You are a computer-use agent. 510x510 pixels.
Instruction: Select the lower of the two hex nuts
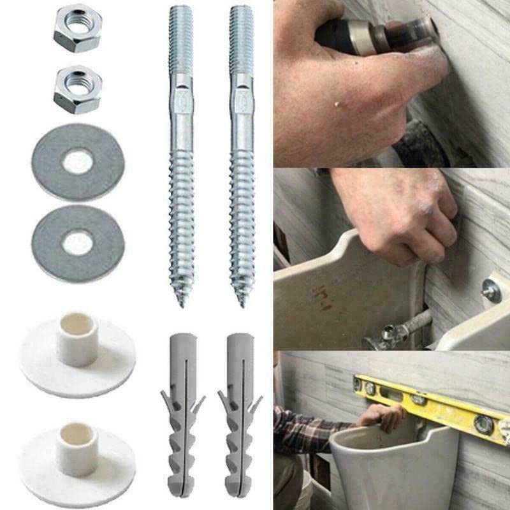(77, 89)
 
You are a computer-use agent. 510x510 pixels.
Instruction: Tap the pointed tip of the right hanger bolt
(242, 302)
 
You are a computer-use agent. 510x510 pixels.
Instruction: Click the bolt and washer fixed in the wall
(492, 290)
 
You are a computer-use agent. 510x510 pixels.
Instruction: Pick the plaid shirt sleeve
(306, 433)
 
